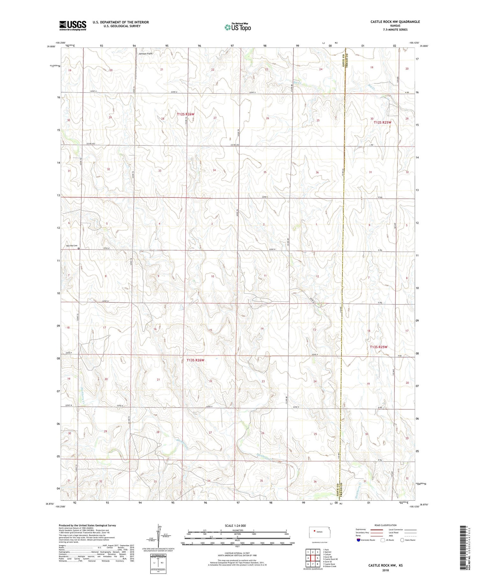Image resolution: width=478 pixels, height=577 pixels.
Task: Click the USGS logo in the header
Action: pyautogui.click(x=73, y=25)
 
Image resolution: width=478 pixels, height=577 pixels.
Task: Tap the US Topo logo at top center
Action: pyautogui.click(x=237, y=27)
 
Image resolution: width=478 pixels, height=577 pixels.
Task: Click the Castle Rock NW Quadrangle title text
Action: pyautogui.click(x=395, y=22)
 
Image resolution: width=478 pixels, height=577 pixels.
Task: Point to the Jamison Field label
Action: pyautogui.click(x=146, y=54)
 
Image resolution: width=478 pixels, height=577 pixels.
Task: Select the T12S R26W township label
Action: pyautogui.click(x=185, y=114)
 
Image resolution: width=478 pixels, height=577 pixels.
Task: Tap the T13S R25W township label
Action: pyautogui.click(x=378, y=347)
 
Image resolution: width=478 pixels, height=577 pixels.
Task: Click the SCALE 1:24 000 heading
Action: pyautogui.click(x=237, y=525)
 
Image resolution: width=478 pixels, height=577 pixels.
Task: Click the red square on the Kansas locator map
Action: pyautogui.click(x=315, y=531)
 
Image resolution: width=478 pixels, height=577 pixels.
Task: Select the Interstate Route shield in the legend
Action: pyautogui.click(x=358, y=540)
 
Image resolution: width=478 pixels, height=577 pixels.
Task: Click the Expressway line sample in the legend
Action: pyautogui.click(x=378, y=530)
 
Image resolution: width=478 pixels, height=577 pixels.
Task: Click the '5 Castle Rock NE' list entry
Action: pyautogui.click(x=330, y=559)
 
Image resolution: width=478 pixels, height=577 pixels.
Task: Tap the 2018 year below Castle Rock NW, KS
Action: pyautogui.click(x=385, y=571)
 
